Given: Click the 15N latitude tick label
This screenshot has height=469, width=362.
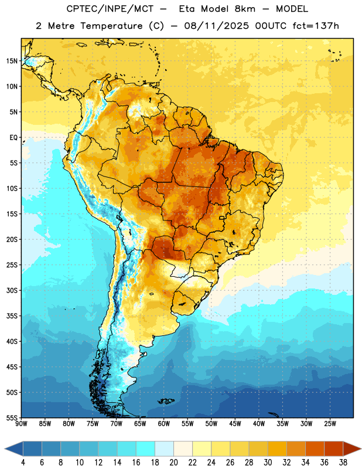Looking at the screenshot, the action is coord(12,61).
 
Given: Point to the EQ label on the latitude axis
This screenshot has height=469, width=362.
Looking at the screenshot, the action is coord(13,138).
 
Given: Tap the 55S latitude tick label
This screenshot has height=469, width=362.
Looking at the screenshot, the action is coord(12,417).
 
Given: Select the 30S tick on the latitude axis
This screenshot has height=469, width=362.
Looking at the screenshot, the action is coord(12,290).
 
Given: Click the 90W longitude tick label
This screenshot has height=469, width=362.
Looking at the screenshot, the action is coord(22,424).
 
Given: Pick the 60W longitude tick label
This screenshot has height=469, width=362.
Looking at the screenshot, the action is coord(164,424).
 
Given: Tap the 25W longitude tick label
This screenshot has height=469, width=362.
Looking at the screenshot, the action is coord(330,424).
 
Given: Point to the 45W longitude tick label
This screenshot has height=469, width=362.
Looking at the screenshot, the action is coord(235,424).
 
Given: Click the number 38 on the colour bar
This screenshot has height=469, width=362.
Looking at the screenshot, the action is coord(343,463).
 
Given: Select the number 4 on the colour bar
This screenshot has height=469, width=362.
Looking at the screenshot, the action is coord(23,463).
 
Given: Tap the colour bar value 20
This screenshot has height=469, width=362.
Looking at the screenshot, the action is coord(173,463).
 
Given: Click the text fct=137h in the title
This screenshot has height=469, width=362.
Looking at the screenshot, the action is coord(316,26).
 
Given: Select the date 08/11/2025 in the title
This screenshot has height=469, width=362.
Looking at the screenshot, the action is coord(216,26).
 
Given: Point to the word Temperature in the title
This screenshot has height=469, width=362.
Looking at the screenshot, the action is coord(112,26).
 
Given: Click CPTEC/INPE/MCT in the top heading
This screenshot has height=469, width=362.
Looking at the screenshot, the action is coord(110,9).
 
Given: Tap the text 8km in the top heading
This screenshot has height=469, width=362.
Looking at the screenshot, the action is coord(245,9).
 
